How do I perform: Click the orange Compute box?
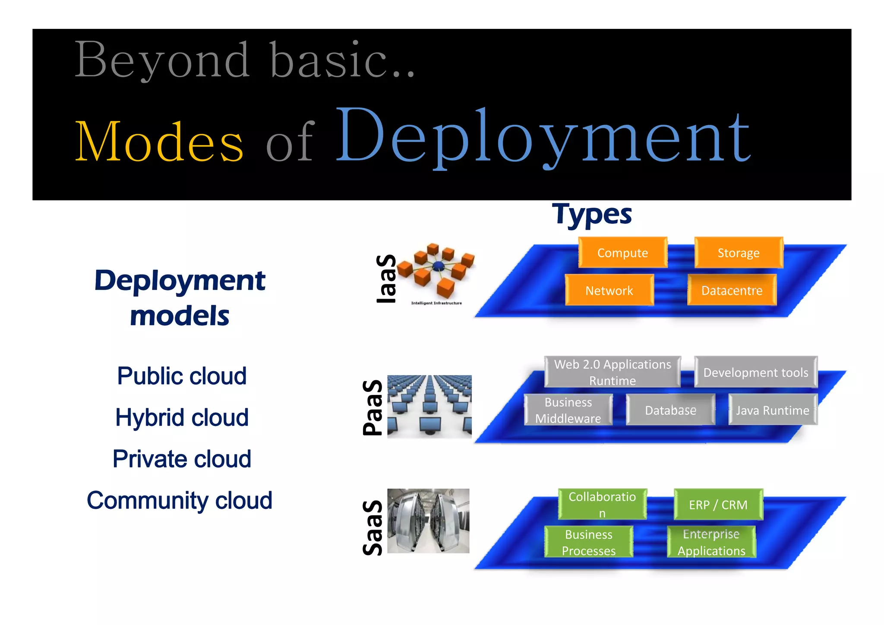tap(622, 253)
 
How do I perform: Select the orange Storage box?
tap(739, 253)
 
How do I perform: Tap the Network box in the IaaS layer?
tap(609, 290)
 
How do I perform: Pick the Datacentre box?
tap(732, 290)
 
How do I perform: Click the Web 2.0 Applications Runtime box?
tap(612, 372)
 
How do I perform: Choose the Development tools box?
tap(755, 372)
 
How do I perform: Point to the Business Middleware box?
tap(568, 410)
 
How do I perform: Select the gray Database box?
tap(670, 410)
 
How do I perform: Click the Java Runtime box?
tap(773, 410)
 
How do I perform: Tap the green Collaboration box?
tap(602, 504)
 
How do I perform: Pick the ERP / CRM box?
tap(718, 504)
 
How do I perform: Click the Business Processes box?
tap(589, 542)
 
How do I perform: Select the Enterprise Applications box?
tap(711, 542)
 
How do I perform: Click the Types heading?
tap(592, 214)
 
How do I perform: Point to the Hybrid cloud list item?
tap(182, 417)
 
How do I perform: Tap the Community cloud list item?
tap(180, 500)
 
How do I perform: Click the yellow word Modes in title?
tap(159, 142)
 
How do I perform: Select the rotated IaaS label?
tap(386, 279)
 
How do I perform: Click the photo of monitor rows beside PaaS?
tap(429, 407)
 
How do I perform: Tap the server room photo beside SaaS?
tap(428, 521)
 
